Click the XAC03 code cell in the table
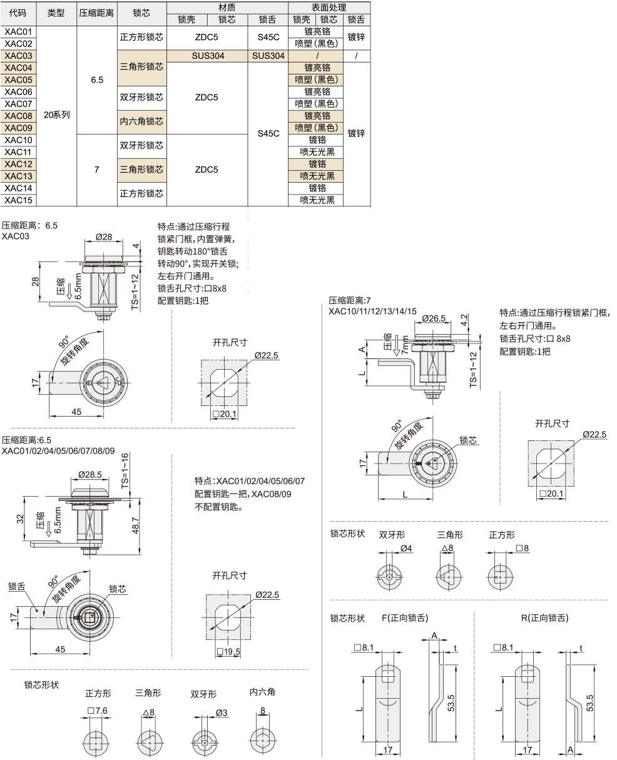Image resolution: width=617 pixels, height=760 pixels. point(18,56)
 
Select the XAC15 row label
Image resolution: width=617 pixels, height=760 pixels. point(18,200)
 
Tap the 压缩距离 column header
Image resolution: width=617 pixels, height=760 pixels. point(97,13)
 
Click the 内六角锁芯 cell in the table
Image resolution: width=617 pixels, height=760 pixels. point(141,122)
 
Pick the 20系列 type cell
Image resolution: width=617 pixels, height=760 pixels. point(56,115)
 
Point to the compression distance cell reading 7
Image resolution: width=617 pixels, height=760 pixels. point(97,170)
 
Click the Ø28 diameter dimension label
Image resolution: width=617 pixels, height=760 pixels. point(104,237)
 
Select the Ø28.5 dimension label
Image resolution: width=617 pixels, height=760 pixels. point(90,475)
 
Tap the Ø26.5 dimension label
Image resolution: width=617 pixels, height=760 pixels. point(434,318)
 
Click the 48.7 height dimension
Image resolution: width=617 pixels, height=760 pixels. point(135,525)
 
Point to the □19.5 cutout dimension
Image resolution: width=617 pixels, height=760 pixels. point(228,652)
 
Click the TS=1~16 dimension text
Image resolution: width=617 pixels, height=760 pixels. point(125,470)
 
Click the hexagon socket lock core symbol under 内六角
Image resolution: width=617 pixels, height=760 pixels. point(263,741)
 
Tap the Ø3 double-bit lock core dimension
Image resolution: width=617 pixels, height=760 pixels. point(222,713)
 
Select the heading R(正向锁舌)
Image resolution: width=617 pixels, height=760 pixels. point(544,618)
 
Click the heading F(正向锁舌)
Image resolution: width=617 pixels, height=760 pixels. point(405,618)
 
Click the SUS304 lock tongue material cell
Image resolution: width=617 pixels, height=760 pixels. point(268,56)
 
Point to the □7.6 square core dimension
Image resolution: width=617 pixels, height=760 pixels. point(98,711)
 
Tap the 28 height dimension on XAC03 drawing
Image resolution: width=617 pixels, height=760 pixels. point(35,282)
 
